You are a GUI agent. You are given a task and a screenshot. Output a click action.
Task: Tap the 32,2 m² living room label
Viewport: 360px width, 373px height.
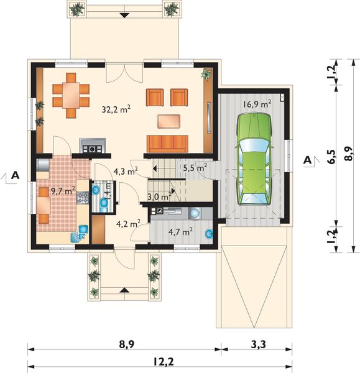116,109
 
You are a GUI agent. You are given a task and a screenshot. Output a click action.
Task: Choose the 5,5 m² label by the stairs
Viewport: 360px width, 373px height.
195,167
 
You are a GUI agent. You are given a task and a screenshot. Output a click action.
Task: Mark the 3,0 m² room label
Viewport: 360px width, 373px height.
159,197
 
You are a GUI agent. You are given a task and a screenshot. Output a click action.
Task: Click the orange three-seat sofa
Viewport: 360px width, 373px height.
167,143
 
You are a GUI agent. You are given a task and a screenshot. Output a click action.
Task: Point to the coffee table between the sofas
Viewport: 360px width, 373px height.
170,120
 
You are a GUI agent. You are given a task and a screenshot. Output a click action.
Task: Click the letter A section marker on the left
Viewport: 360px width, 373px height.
16,175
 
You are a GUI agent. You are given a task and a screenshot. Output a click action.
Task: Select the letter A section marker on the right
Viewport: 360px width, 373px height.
308,160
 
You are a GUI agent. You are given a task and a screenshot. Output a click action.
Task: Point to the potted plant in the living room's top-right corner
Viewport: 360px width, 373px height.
205,75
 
